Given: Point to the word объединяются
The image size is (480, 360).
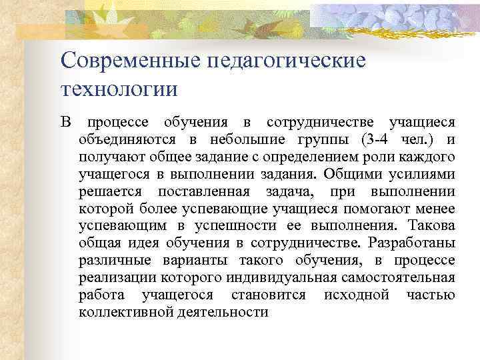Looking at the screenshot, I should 127,140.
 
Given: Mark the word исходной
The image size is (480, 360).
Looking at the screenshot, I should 355,295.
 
